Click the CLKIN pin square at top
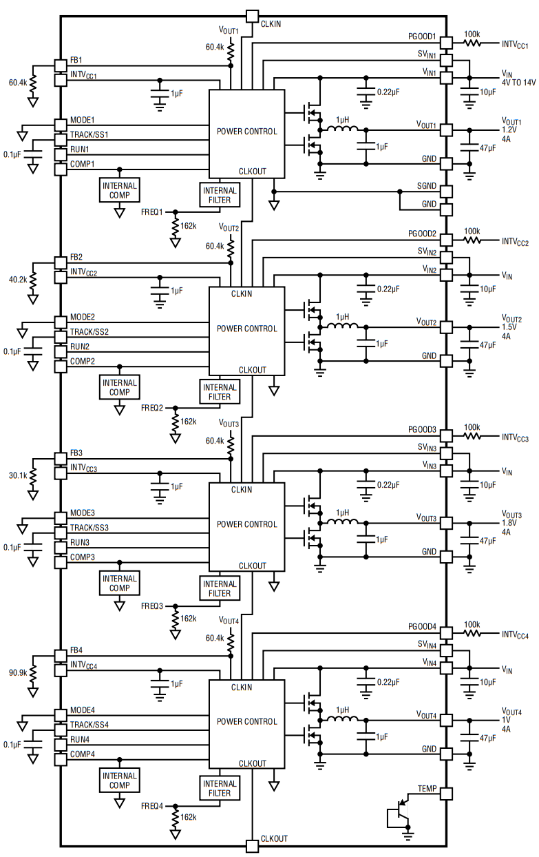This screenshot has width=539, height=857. pyautogui.click(x=252, y=16)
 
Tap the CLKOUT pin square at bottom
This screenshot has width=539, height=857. pyautogui.click(x=252, y=846)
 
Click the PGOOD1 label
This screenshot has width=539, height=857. pyautogui.click(x=422, y=35)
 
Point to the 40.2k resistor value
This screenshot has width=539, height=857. pyautogui.click(x=18, y=280)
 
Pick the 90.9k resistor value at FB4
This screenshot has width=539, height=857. pyautogui.click(x=18, y=671)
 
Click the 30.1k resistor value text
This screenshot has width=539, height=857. pyautogui.click(x=18, y=475)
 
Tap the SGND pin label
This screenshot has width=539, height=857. pyautogui.click(x=426, y=187)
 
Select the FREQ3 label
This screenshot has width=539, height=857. pyautogui.click(x=152, y=606)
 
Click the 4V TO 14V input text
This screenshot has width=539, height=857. pyautogui.click(x=518, y=82)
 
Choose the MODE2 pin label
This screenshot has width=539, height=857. pyautogui.click(x=83, y=317)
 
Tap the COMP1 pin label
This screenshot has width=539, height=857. pyautogui.click(x=83, y=164)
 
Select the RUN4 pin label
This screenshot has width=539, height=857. pyautogui.click(x=80, y=740)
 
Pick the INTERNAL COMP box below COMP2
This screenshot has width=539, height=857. pyautogui.click(x=120, y=387)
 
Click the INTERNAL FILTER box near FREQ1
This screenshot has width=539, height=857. pyautogui.click(x=220, y=196)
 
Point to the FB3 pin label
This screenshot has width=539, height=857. pyautogui.click(x=76, y=453)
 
